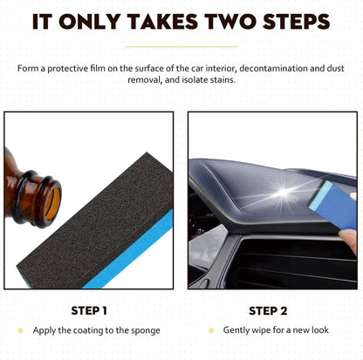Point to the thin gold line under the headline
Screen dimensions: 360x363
coord(181,46)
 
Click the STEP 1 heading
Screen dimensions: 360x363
coord(89,309)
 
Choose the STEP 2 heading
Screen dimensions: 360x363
coord(268,309)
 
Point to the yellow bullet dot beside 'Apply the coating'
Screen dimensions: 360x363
coord(22,330)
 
